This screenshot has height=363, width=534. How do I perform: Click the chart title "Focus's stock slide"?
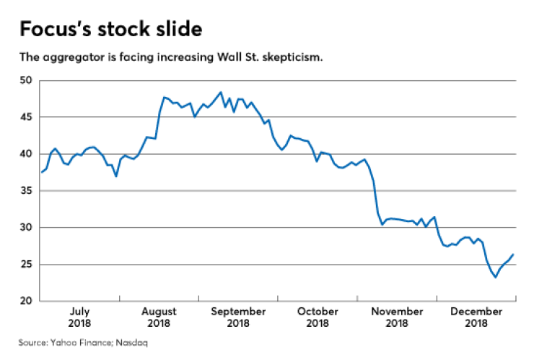(x=110, y=30)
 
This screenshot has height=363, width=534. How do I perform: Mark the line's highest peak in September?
(x=220, y=93)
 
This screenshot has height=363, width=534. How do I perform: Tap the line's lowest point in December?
(x=495, y=277)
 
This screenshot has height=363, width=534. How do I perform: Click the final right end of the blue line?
(x=513, y=255)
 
